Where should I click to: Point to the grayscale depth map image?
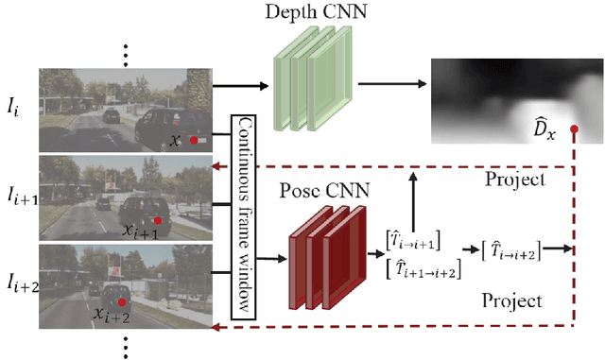[515, 100]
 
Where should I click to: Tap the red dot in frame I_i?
[194, 141]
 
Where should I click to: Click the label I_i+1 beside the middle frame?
[19, 201]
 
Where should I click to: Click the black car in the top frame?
[166, 128]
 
